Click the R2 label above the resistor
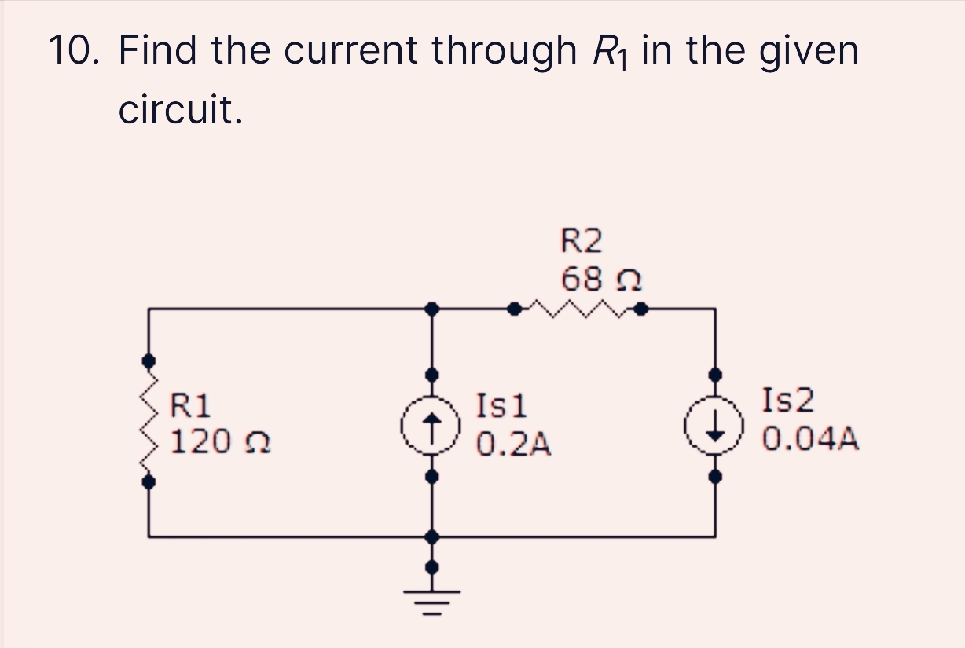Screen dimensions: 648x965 click(582, 241)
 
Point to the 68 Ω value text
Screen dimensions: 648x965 click(600, 278)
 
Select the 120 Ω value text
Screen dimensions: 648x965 click(220, 441)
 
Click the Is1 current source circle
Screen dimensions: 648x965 click(431, 426)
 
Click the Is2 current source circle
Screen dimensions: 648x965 click(714, 426)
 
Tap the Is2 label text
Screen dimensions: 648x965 click(787, 401)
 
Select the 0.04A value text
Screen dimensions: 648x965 click(810, 439)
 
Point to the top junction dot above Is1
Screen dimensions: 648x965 click(431, 309)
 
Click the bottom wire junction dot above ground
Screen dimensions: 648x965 click(431, 537)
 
